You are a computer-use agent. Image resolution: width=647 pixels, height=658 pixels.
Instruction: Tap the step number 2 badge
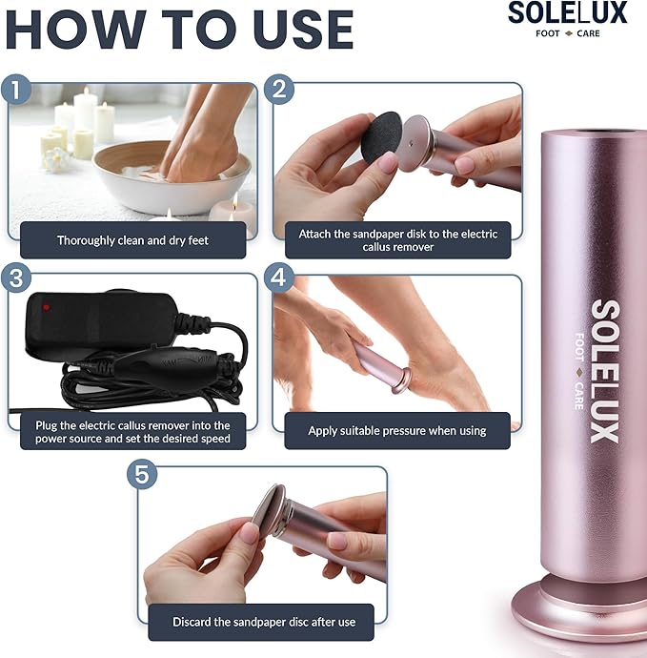(278, 92)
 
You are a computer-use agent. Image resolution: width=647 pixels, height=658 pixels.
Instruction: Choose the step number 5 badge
(144, 474)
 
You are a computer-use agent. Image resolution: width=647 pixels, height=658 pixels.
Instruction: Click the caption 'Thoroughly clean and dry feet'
(132, 240)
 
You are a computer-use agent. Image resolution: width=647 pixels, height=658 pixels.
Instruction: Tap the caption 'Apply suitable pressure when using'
(396, 431)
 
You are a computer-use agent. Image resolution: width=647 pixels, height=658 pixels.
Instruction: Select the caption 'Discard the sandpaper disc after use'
(263, 622)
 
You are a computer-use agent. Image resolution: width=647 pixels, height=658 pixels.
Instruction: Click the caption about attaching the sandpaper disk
(393, 240)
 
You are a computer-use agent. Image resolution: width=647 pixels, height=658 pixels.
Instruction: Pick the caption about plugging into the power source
(132, 432)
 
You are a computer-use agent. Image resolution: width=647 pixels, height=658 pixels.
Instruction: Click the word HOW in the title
(74, 31)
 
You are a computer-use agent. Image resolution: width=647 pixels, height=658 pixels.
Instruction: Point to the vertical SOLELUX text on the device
(604, 371)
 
